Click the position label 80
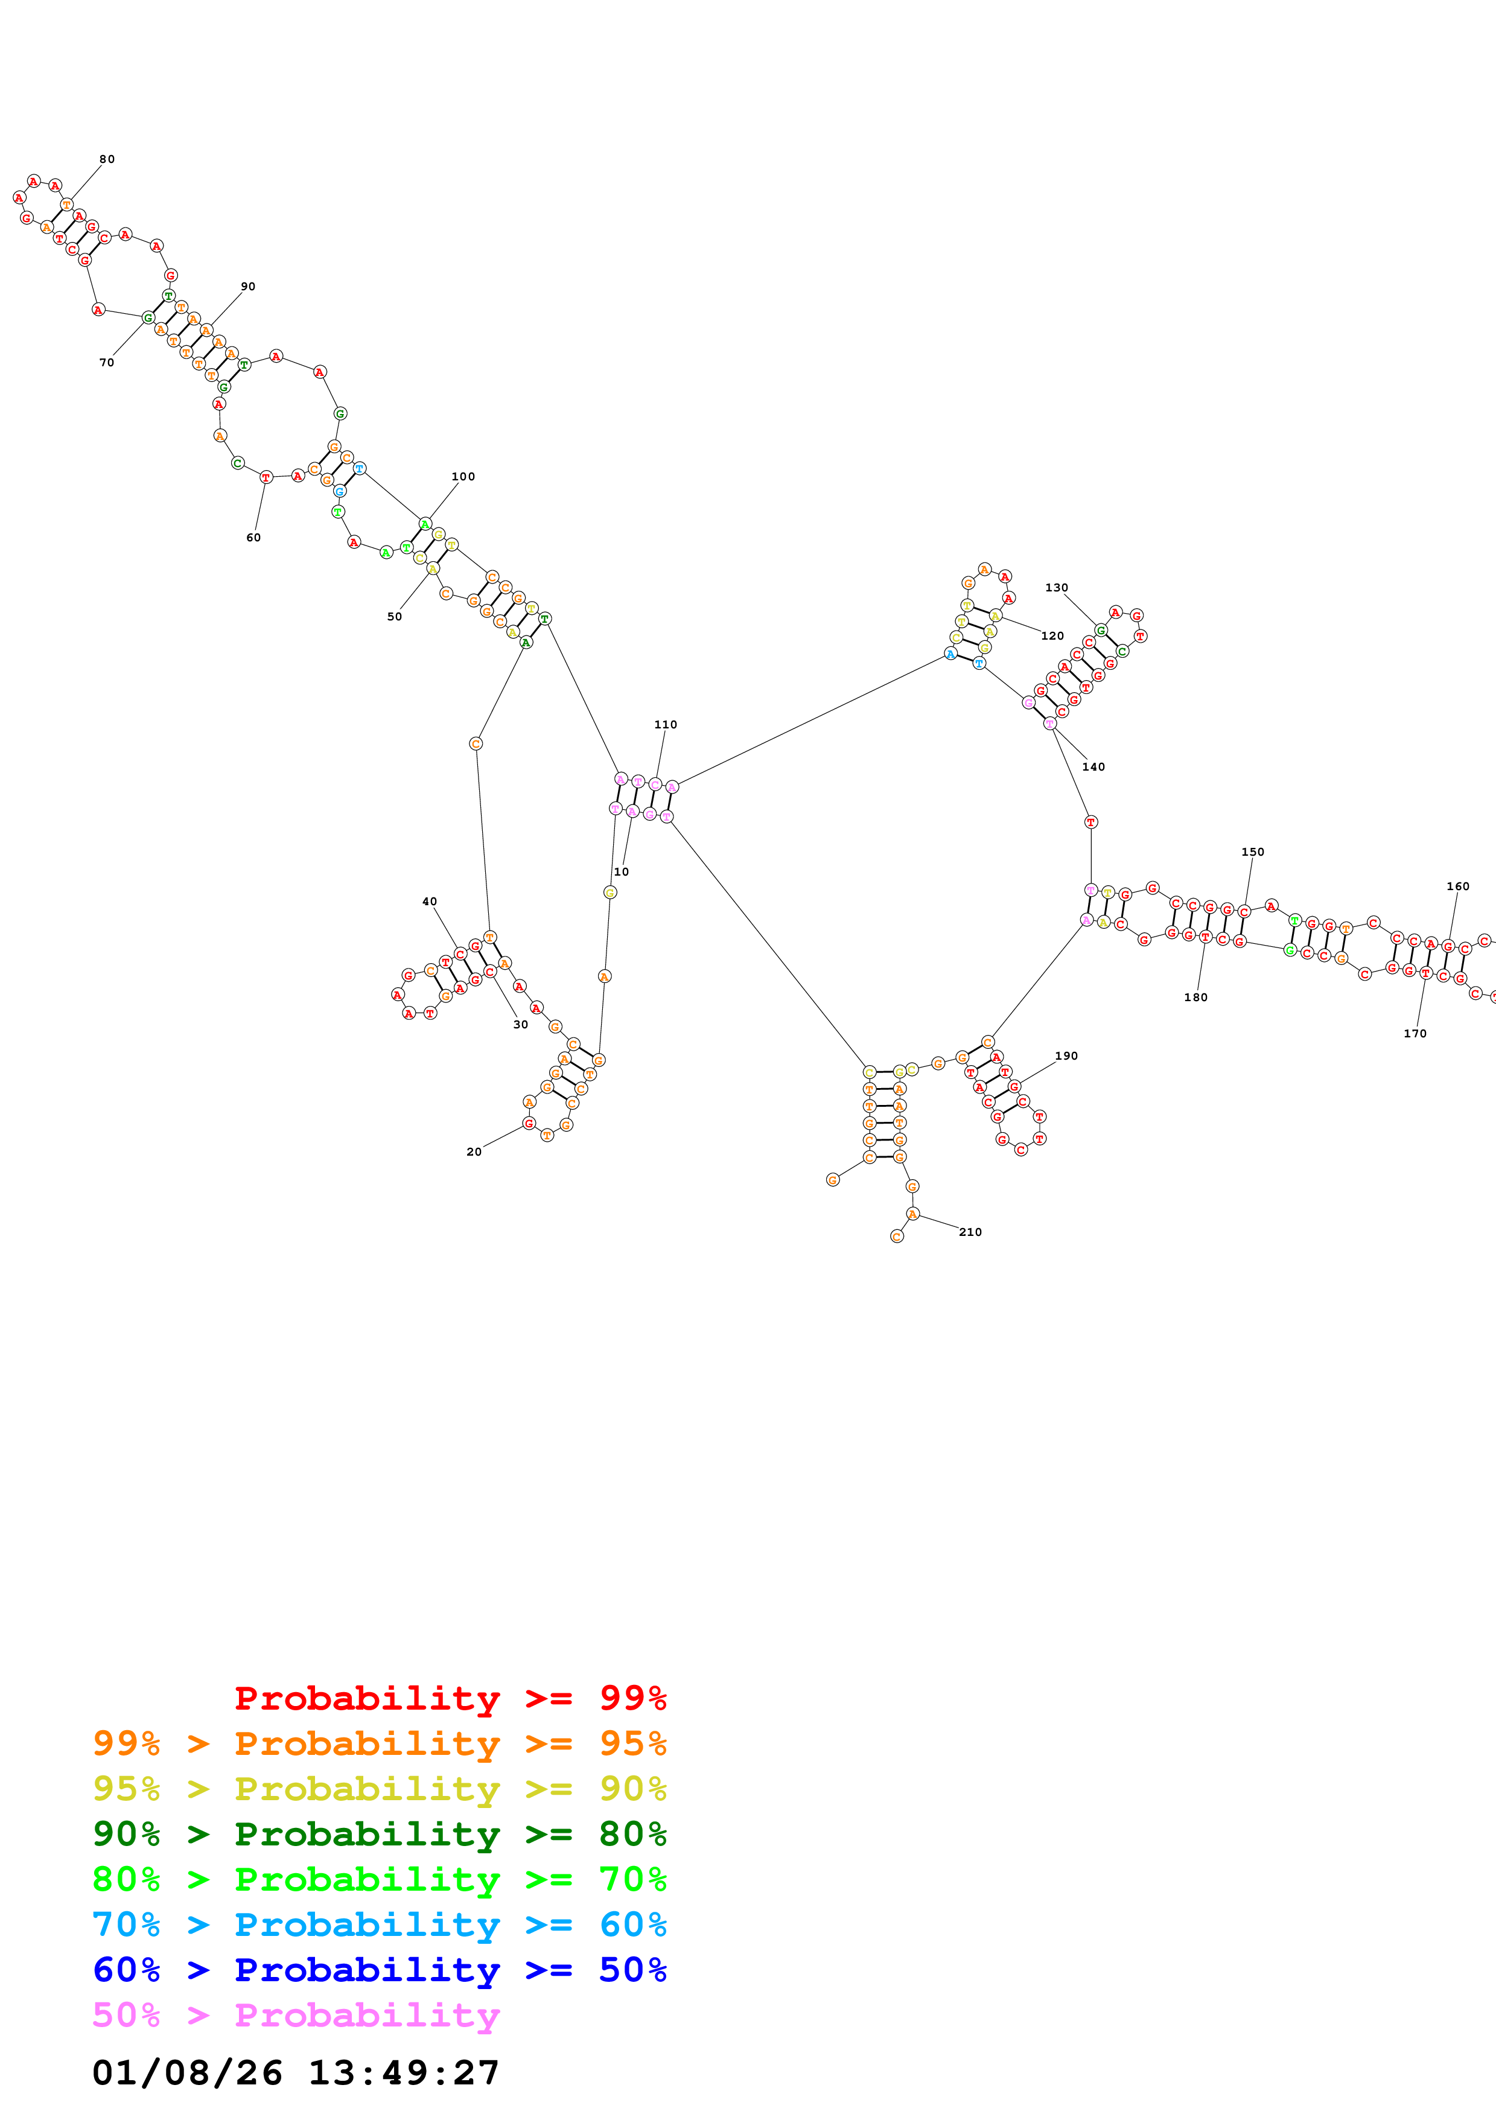pyautogui.click(x=107, y=159)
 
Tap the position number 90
pyautogui.click(x=248, y=287)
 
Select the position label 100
pyautogui.click(x=463, y=477)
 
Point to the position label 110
pyautogui.click(x=666, y=725)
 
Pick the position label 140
pyautogui.click(x=1093, y=767)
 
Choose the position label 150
pyautogui.click(x=1253, y=852)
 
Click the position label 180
pyautogui.click(x=1195, y=998)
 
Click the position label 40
pyautogui.click(x=430, y=902)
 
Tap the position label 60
pyautogui.click(x=253, y=538)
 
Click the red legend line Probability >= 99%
pyautogui.click(x=450, y=1698)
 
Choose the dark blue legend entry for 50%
pyautogui.click(x=379, y=1970)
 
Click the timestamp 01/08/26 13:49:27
pyautogui.click(x=295, y=2073)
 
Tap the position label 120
pyautogui.click(x=1052, y=636)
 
